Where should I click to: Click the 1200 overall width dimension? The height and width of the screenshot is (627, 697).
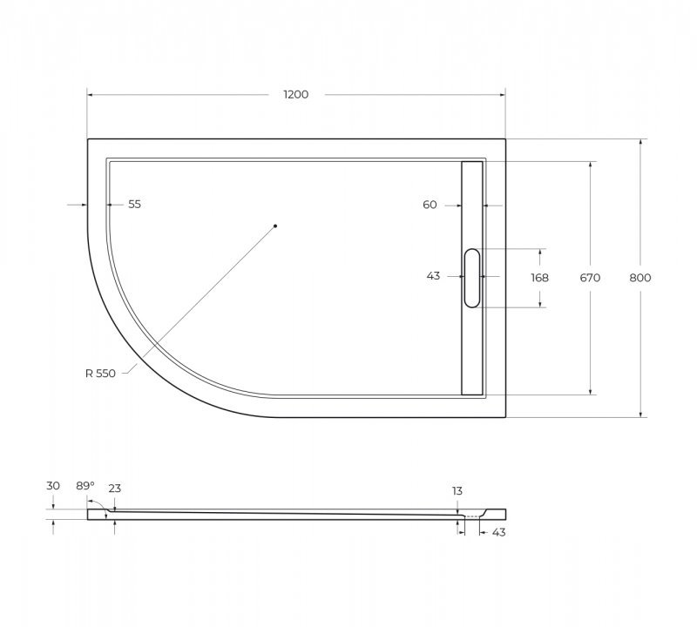coord(295,95)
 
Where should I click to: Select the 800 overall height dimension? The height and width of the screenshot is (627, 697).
coord(639,278)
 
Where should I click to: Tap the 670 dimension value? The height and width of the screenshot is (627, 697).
coord(591,278)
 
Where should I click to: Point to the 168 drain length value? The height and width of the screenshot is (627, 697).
coord(539,278)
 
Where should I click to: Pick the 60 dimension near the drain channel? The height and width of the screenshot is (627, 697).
coord(430,205)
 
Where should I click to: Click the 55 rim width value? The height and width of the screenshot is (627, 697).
coord(134,205)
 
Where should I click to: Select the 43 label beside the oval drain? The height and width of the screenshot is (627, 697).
coord(433,276)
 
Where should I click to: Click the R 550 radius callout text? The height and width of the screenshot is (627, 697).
coord(100,374)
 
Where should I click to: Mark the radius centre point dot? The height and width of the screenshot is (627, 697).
coord(274,226)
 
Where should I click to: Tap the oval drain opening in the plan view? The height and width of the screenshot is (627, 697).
coord(471,278)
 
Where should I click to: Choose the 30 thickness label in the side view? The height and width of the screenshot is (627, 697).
coord(54,485)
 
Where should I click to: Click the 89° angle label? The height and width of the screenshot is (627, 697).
coord(84,485)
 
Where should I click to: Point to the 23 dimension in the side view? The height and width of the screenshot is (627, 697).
coord(114,489)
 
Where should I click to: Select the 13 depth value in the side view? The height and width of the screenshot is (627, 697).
coord(457,491)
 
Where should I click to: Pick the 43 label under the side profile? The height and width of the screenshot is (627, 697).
coord(498,531)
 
